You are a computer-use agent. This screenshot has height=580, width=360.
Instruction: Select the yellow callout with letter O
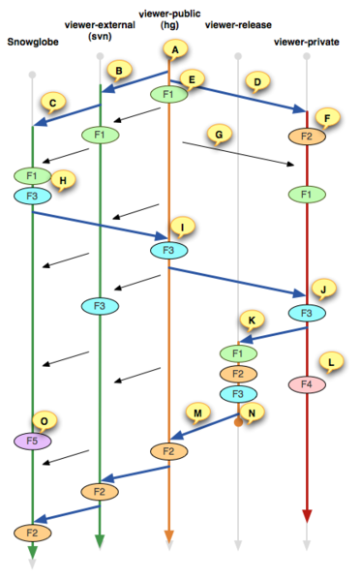(45, 420)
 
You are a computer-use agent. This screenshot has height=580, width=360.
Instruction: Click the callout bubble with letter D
(257, 81)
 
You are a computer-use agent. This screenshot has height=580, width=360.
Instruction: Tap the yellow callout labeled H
(64, 179)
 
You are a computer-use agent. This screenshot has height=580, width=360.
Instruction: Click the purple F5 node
(32, 441)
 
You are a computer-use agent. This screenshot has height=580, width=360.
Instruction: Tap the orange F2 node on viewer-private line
(306, 137)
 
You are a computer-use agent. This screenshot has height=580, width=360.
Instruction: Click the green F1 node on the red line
(306, 194)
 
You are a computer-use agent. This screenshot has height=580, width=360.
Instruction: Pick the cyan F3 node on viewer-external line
(100, 306)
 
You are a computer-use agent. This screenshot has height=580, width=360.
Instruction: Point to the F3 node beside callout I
(168, 251)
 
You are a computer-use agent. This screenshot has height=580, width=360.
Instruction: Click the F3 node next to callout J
(306, 313)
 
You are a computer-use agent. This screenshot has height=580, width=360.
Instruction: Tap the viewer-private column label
(305, 42)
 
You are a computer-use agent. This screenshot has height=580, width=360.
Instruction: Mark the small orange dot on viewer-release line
(237, 421)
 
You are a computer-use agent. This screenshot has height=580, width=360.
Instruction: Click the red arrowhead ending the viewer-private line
(307, 515)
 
